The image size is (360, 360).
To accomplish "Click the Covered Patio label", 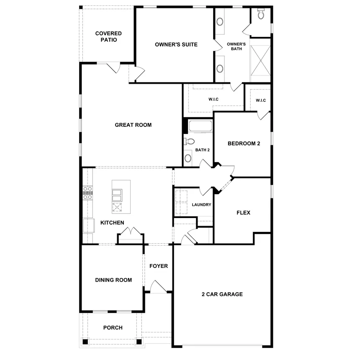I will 108,36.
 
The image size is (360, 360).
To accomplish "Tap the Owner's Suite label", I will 176,44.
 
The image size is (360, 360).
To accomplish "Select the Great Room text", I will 133,125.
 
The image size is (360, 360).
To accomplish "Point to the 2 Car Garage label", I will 222,294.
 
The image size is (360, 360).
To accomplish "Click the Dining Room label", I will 113,280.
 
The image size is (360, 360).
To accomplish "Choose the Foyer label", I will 158,266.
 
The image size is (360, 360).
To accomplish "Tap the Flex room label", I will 243,213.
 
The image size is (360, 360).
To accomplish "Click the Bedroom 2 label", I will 244,144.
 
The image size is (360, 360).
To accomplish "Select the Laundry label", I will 201,205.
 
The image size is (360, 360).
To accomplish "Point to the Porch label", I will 113,328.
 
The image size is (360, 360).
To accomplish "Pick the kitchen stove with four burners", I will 88,193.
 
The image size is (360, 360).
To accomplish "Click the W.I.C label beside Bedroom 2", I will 260,100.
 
